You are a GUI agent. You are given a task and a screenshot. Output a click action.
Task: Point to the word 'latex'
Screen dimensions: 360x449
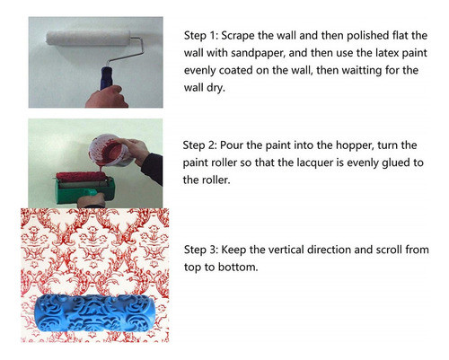(x=411, y=50)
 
